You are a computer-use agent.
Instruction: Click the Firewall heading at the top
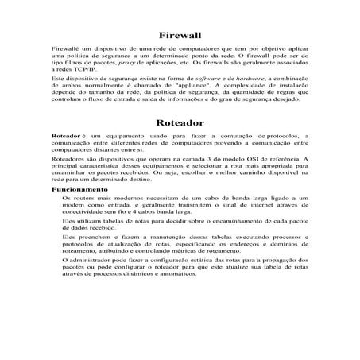coord(180,37)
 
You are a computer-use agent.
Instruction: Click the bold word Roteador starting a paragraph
coord(65,137)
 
